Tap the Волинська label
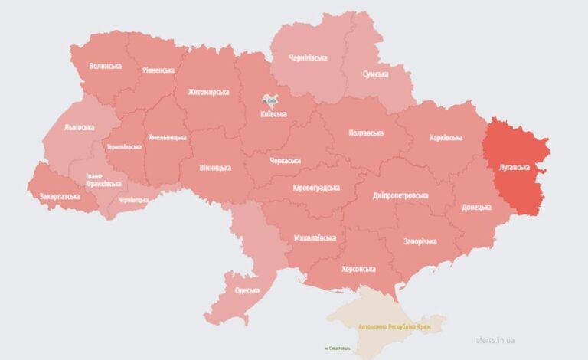[x=105, y=67]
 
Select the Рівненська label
[x=158, y=70]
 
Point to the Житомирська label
[x=208, y=92]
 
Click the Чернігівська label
[x=309, y=57]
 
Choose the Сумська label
[x=374, y=74]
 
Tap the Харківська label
[x=446, y=137]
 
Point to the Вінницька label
[x=214, y=166]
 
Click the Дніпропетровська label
[x=400, y=196]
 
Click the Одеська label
[x=246, y=290]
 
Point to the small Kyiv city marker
[x=269, y=100]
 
